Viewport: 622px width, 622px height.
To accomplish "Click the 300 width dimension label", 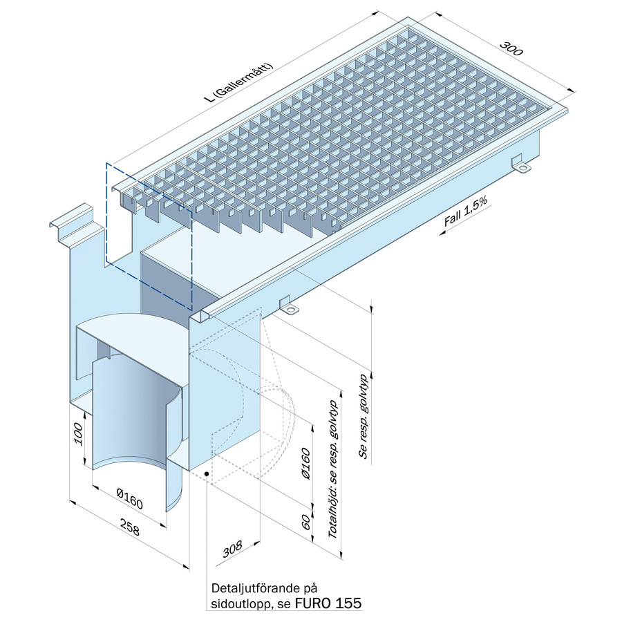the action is click(x=511, y=48).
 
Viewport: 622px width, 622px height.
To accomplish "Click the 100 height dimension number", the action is click(x=78, y=435).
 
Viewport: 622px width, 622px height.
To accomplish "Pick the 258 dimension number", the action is click(x=130, y=527).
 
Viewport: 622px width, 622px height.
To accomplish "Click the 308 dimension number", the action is click(x=232, y=549).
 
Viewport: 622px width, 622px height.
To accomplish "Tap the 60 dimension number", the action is click(x=306, y=523).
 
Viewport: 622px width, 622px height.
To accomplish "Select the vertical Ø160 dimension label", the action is click(x=305, y=463).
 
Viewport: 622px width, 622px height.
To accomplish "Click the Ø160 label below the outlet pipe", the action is click(x=129, y=498).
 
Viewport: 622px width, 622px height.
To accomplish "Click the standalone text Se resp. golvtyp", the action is click(x=364, y=417).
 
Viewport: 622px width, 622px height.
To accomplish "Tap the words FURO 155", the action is click(x=328, y=603).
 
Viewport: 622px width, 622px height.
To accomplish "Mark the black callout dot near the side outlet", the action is click(x=206, y=473).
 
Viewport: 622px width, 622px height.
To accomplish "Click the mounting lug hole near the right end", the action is click(x=524, y=169).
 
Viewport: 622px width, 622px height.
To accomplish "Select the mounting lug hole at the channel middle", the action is click(x=291, y=309).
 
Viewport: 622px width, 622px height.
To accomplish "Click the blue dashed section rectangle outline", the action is click(x=106, y=214).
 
